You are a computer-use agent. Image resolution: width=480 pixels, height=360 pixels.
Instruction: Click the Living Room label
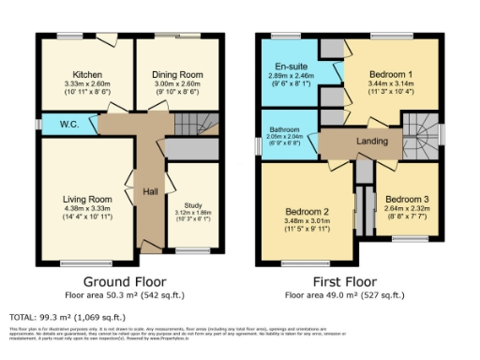(x=87, y=199)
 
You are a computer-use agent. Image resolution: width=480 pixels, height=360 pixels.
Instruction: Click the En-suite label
(x=290, y=67)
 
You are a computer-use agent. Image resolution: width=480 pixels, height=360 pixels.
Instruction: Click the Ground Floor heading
(x=125, y=281)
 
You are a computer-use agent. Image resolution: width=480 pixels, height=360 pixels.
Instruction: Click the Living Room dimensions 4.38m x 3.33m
(x=87, y=209)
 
